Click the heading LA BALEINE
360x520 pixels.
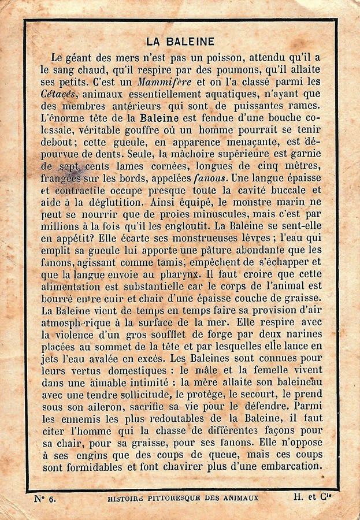point(180,42)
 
